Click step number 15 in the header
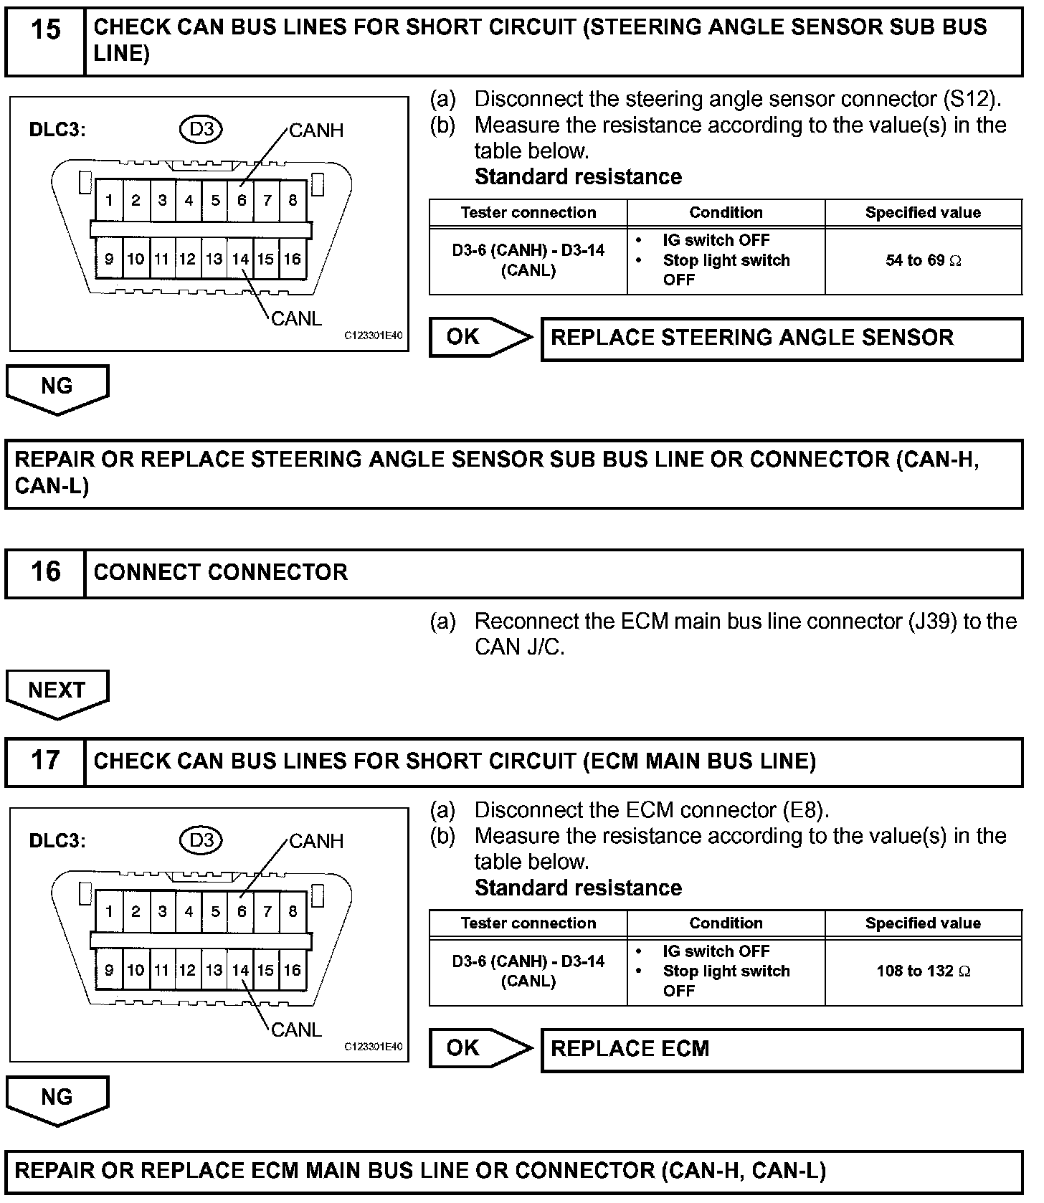tap(45, 29)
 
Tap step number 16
tap(45, 571)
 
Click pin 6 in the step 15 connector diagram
tap(242, 200)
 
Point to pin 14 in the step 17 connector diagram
tap(240, 970)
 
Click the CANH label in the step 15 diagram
tap(316, 130)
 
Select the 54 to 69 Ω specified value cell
tap(923, 260)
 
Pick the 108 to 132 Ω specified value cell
tap(923, 971)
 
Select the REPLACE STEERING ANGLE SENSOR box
tap(781, 338)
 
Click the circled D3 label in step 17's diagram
tap(201, 840)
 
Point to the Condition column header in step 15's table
tap(726, 212)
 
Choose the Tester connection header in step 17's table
tap(528, 923)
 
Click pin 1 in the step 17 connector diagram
tap(109, 911)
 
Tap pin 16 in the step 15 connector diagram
tap(292, 259)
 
